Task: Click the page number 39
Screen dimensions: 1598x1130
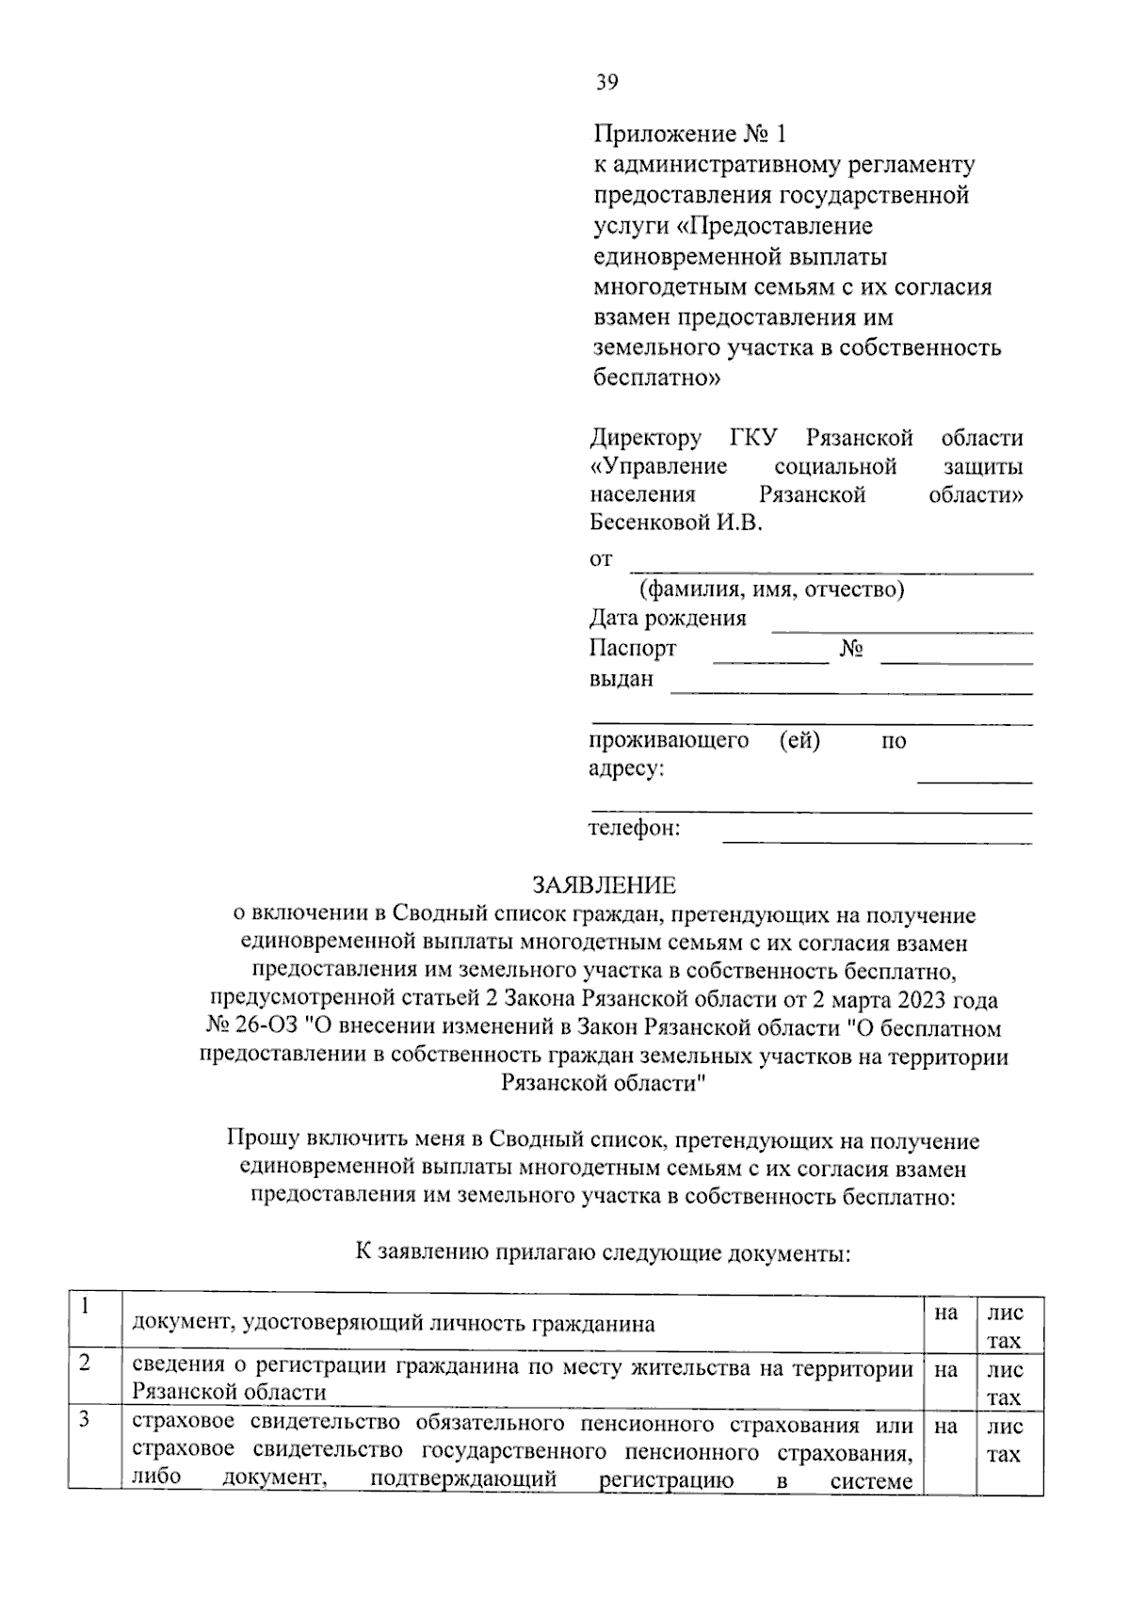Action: pyautogui.click(x=606, y=83)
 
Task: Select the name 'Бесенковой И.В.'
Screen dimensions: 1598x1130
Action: pyautogui.click(x=675, y=523)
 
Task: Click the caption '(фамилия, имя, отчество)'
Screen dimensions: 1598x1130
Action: pyautogui.click(x=771, y=590)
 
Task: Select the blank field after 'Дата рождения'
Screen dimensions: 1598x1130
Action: pyautogui.click(x=901, y=622)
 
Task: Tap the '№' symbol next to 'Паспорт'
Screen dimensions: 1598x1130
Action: pyautogui.click(x=851, y=649)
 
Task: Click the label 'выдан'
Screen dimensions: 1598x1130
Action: pyautogui.click(x=621, y=679)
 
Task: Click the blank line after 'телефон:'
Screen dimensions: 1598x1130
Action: pyautogui.click(x=876, y=833)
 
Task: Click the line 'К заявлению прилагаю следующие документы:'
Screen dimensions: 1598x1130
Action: pyautogui.click(x=603, y=1252)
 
